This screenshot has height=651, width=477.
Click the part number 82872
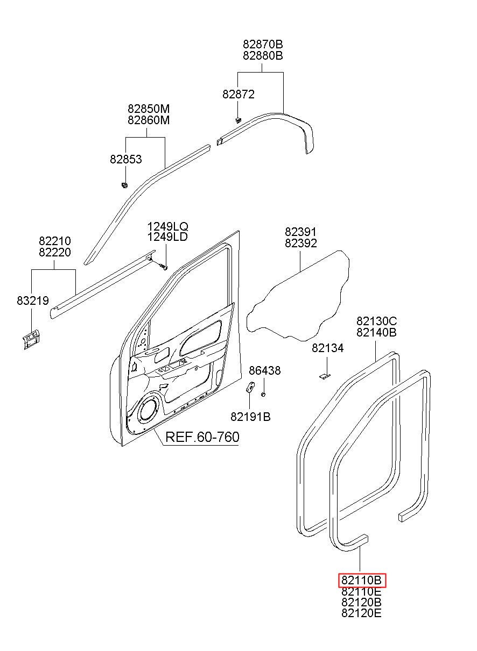(238, 94)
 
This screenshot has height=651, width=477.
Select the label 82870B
(263, 44)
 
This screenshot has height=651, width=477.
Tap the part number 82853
(126, 159)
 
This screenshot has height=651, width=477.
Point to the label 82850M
(149, 109)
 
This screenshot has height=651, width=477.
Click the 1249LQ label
(167, 226)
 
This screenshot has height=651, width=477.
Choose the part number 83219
(33, 301)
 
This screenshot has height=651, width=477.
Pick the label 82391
(300, 232)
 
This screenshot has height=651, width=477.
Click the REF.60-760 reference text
(202, 437)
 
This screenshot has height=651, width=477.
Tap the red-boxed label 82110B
(361, 581)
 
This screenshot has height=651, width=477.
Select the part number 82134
(328, 348)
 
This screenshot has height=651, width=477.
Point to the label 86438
(265, 370)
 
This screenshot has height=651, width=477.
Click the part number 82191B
(250, 417)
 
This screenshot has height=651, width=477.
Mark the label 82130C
(377, 321)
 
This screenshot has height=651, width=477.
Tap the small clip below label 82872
(238, 119)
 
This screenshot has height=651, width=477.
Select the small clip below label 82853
(124, 184)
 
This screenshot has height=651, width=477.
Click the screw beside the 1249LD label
(163, 266)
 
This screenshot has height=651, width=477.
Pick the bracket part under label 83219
(31, 339)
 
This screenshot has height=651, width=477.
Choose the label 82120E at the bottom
(361, 613)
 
